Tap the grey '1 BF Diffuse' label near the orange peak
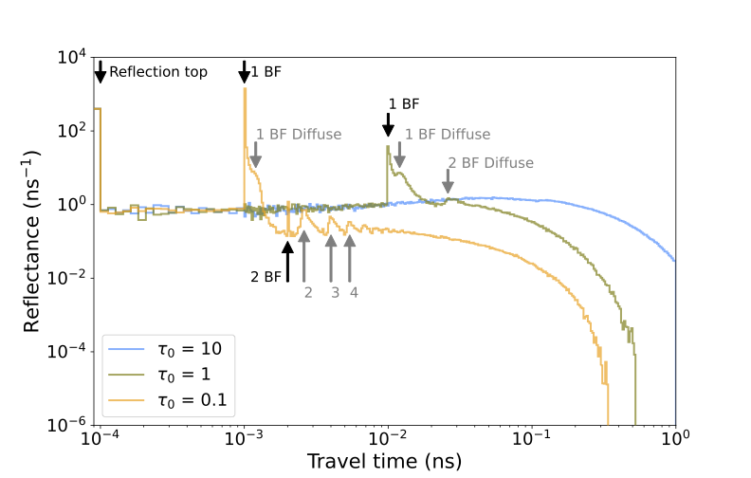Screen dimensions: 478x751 (299, 135)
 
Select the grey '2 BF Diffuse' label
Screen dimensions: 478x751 (490, 163)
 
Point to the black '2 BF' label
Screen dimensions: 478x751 (266, 277)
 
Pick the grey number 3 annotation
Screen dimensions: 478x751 (334, 292)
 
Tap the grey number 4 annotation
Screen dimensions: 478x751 (354, 292)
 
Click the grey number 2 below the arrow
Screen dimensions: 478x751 (307, 292)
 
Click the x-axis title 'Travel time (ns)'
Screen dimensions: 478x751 (386, 461)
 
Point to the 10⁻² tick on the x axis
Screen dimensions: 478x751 (388, 440)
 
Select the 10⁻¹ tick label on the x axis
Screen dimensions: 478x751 (531, 440)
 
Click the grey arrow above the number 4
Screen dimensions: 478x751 (350, 252)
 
